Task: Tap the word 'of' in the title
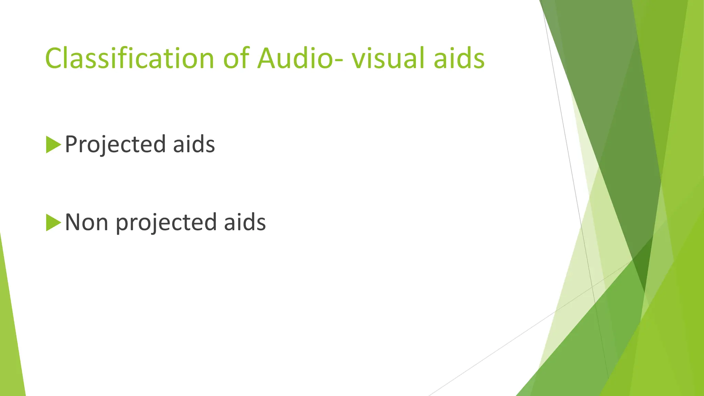pos(236,58)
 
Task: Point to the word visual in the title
pos(388,58)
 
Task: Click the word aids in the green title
pos(459,58)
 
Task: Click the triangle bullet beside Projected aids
pos(53,144)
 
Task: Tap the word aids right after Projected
pos(194,144)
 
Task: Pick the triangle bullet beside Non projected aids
pos(53,222)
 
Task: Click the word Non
pos(86,222)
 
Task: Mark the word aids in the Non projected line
pos(245,222)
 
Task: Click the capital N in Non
pos(73,222)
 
